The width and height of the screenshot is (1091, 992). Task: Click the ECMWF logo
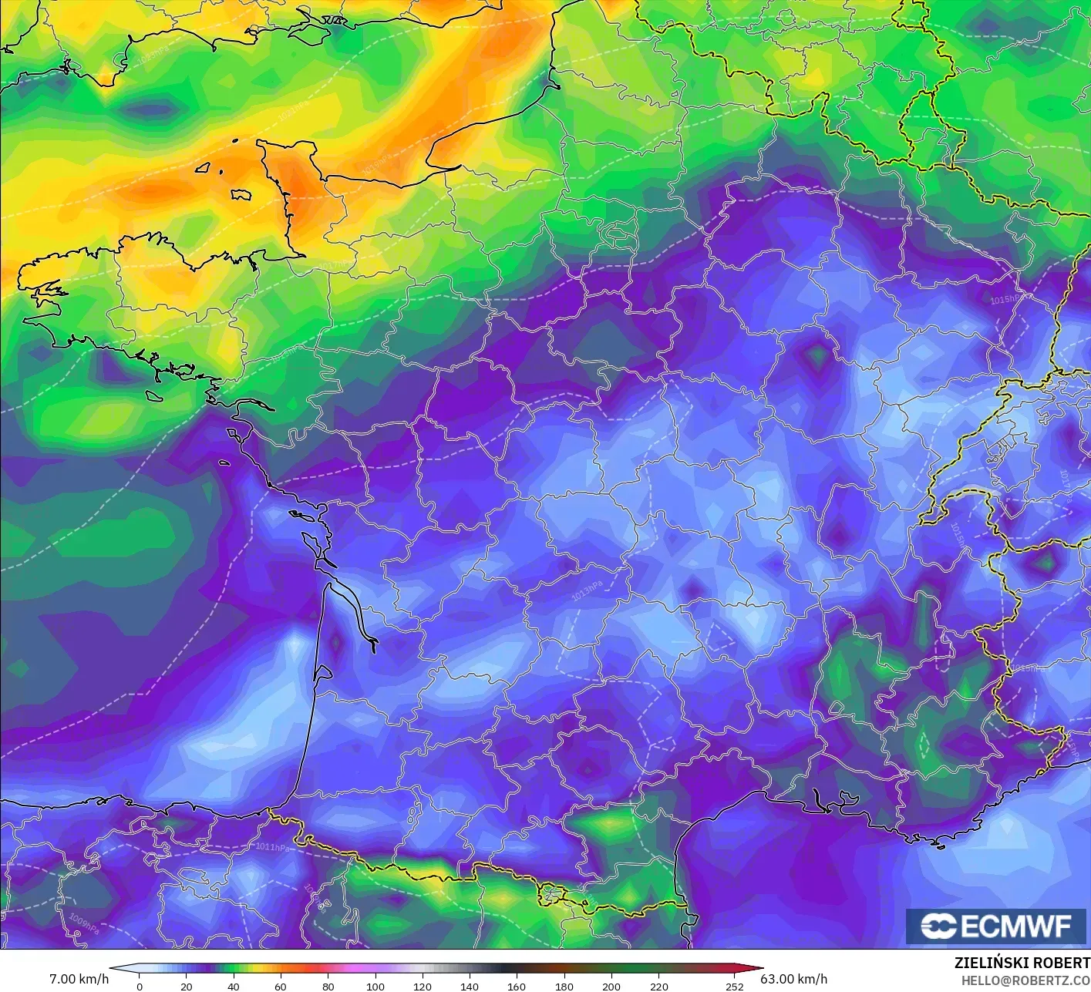tap(997, 926)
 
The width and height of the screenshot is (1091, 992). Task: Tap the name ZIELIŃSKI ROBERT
tap(1022, 963)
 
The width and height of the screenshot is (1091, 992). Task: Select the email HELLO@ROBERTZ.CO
tap(1025, 980)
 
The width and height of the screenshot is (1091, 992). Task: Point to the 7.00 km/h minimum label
tap(79, 979)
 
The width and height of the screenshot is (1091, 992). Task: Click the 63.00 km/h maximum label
tap(793, 979)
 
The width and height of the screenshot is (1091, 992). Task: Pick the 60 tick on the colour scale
tap(281, 986)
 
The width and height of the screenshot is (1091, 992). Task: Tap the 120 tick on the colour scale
tap(422, 986)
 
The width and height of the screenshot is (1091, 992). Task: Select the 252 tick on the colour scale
tap(735, 986)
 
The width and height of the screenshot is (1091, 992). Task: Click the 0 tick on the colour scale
tap(140, 986)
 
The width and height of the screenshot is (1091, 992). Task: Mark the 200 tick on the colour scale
tap(611, 986)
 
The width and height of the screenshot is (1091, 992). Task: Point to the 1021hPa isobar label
tap(293, 111)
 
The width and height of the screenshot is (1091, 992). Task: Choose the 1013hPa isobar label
tap(588, 592)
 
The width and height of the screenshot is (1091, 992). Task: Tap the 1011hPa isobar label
tap(273, 847)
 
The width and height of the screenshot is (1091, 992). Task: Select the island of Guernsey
tap(204, 167)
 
